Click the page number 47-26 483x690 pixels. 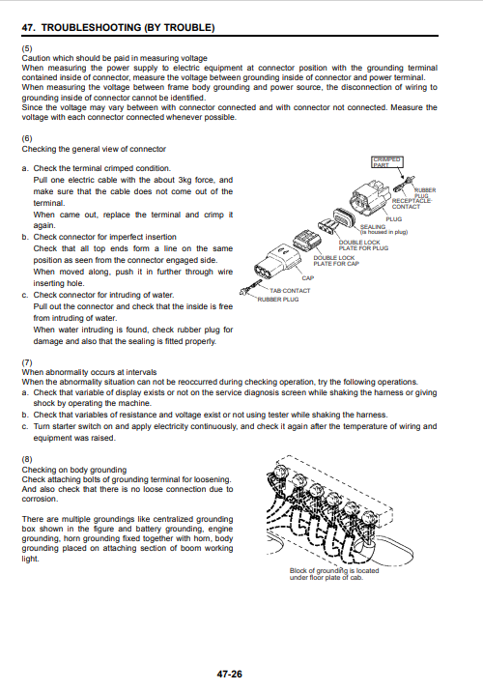pyautogui.click(x=229, y=675)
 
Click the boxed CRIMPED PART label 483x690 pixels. pyautogui.click(x=387, y=162)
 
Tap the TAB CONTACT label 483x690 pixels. pyautogui.click(x=290, y=291)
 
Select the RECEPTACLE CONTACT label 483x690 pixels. pyautogui.click(x=412, y=204)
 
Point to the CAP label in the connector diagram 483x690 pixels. pyautogui.click(x=308, y=278)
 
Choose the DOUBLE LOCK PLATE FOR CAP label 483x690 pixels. pyautogui.click(x=336, y=261)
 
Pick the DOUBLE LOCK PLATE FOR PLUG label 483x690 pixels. pyautogui.click(x=363, y=245)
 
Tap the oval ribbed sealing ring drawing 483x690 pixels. pyautogui.click(x=345, y=218)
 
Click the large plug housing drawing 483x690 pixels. pyautogui.click(x=370, y=197)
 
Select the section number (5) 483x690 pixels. pyautogui.click(x=27, y=48)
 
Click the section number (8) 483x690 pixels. pyautogui.click(x=27, y=459)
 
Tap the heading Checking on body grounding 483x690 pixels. pyautogui.click(x=74, y=470)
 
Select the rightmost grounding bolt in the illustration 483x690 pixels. pyautogui.click(x=369, y=518)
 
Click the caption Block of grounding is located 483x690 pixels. pyautogui.click(x=334, y=571)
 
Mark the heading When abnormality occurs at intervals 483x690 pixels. pyautogui.click(x=89, y=372)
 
